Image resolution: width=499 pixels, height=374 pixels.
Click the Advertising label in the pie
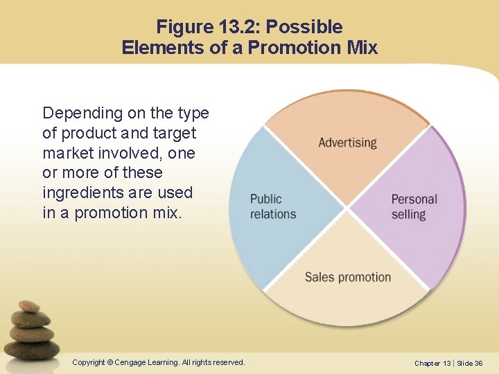[347, 143]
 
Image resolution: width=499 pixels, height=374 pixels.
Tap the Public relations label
[273, 206]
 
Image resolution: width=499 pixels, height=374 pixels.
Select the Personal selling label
[414, 206]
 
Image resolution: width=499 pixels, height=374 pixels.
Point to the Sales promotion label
[348, 277]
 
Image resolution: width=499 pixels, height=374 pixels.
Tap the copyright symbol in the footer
[110, 362]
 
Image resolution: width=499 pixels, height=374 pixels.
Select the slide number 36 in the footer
[479, 363]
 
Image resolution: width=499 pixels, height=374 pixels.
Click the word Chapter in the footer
[427, 363]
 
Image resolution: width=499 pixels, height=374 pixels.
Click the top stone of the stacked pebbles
[28, 306]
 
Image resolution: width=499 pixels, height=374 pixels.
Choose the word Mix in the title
[363, 48]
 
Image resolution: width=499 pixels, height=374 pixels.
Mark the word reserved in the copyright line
[229, 362]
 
